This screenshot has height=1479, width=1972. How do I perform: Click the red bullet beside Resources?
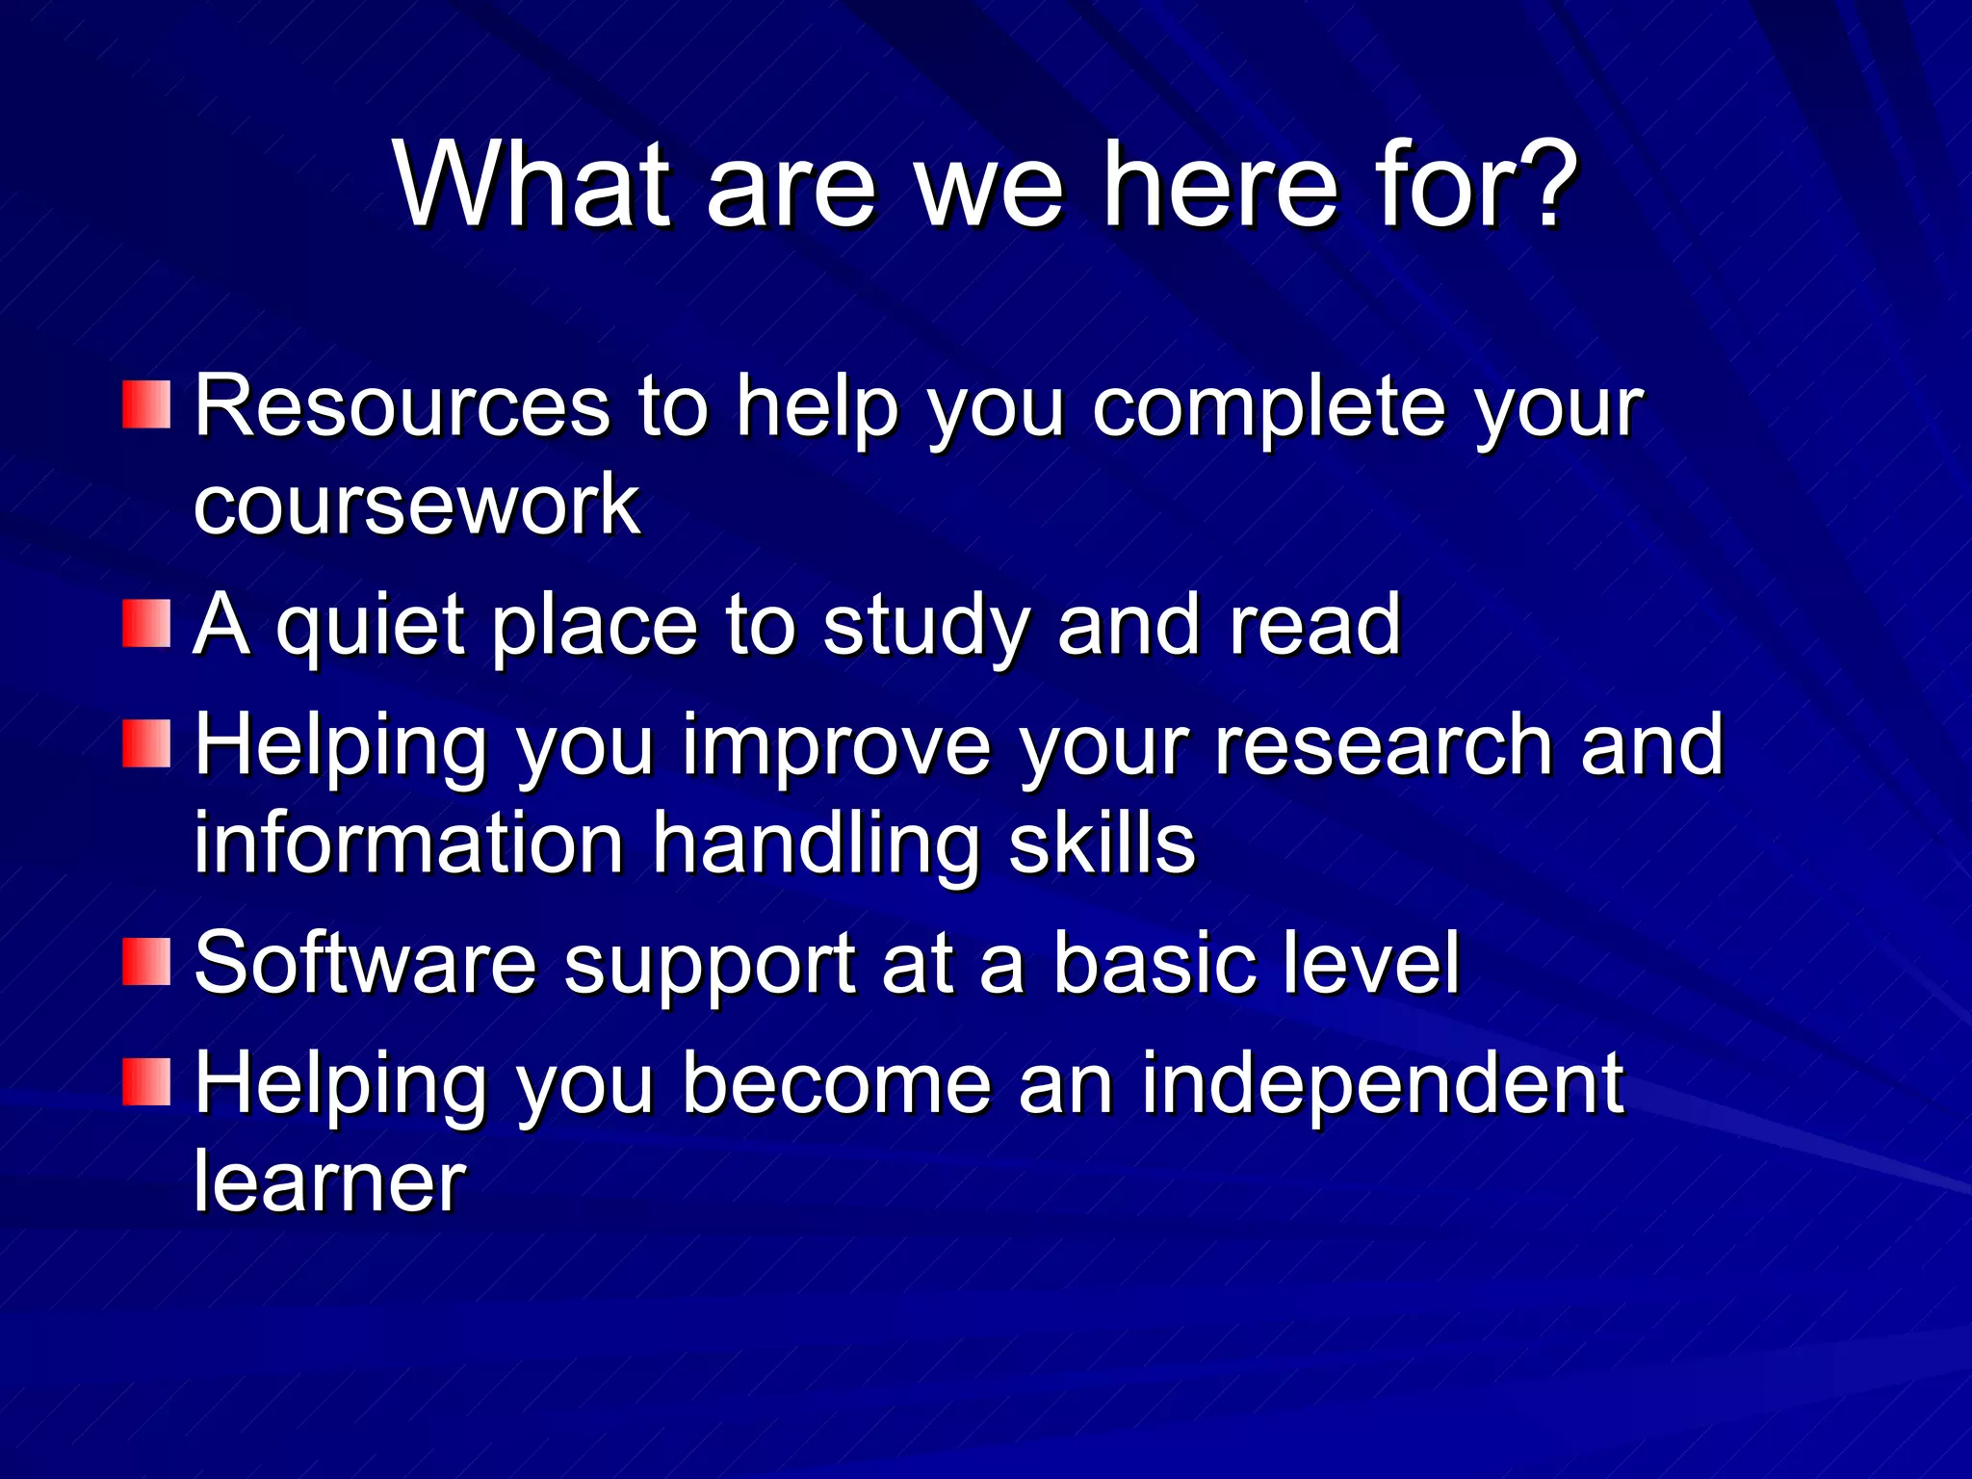[146, 404]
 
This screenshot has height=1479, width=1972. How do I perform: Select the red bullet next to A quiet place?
[146, 623]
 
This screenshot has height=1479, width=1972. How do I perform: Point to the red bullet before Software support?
[146, 961]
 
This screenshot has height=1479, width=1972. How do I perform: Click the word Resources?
[402, 406]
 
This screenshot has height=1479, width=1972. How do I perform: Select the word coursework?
[416, 505]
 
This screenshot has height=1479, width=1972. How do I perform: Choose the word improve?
[837, 746]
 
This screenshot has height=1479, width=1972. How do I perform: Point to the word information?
[409, 843]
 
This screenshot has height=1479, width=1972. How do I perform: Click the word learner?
[329, 1181]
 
